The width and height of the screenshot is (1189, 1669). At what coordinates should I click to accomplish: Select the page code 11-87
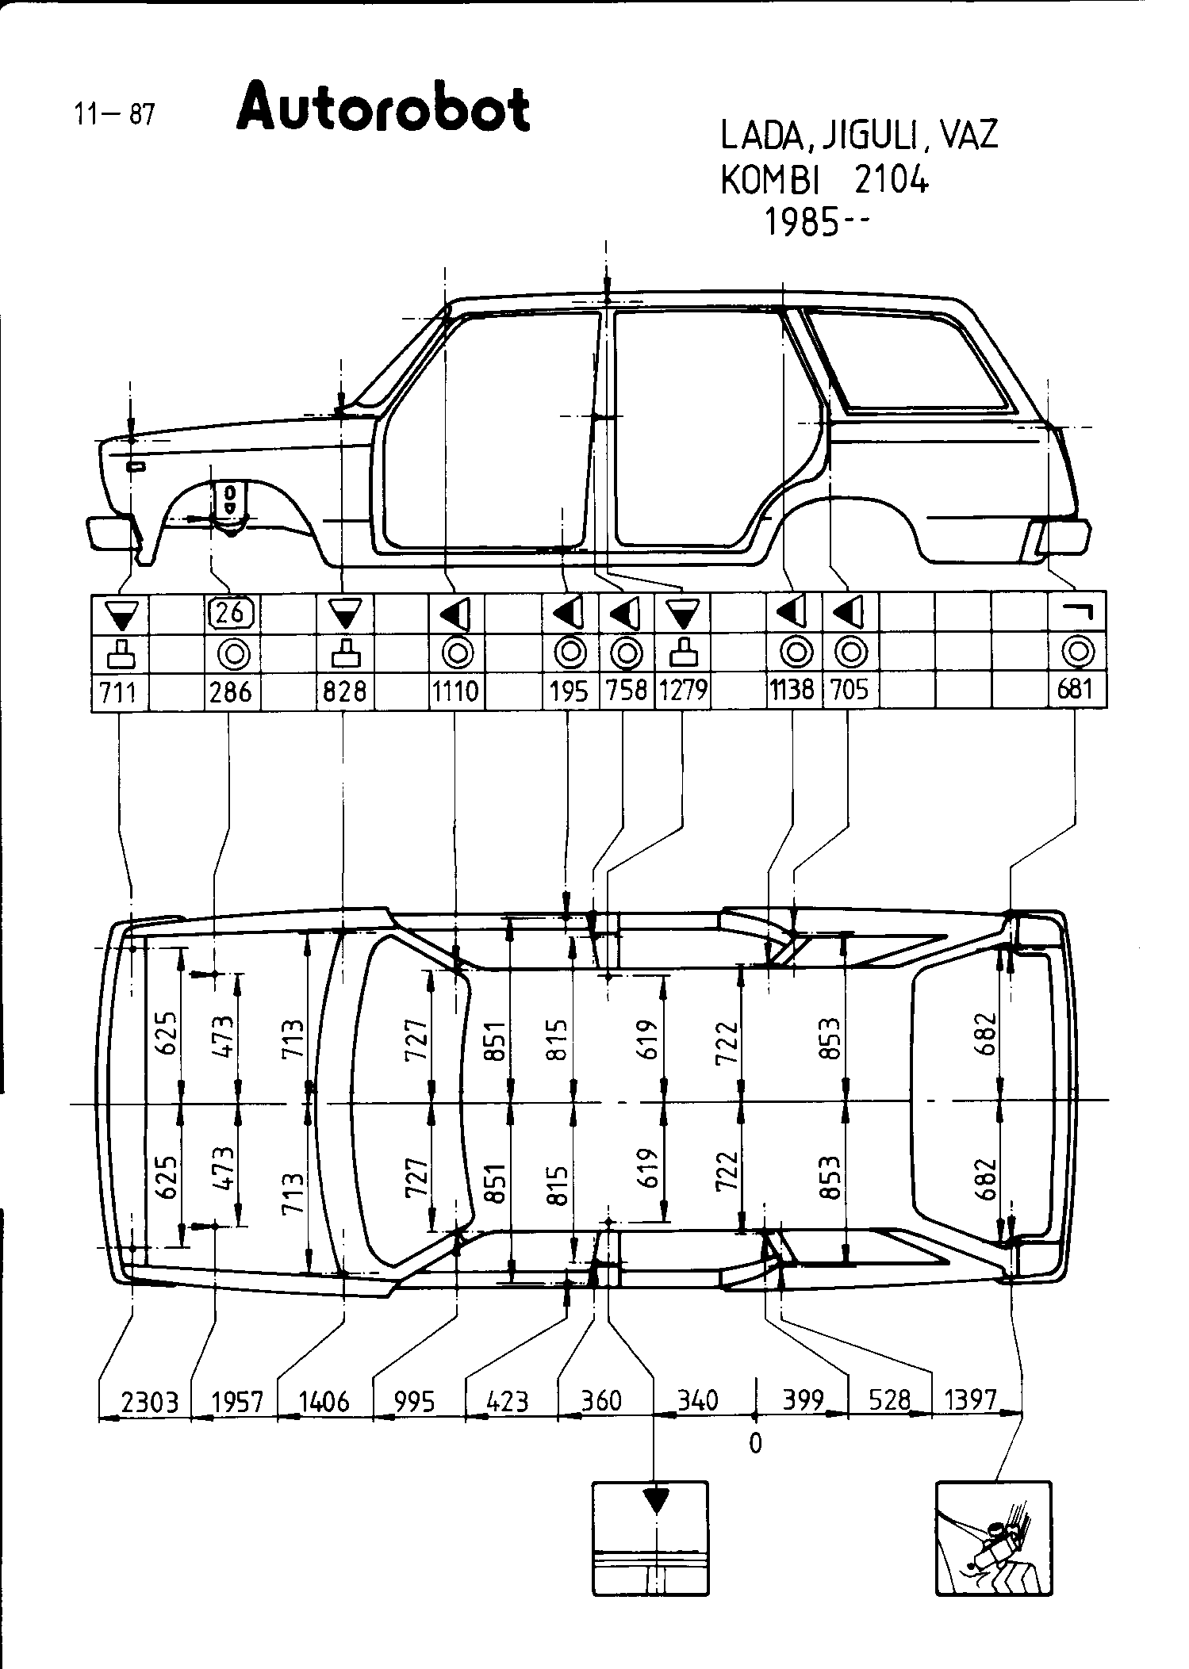tap(113, 115)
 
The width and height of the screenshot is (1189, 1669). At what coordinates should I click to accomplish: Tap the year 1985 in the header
tap(800, 224)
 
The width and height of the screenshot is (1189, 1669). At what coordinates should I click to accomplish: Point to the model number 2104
tap(890, 182)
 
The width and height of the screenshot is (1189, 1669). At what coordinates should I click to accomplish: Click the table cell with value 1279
tap(683, 691)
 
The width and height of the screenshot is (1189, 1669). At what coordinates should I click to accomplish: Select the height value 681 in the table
tap(1076, 689)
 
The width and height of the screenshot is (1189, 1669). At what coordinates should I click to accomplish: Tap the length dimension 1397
tap(969, 1399)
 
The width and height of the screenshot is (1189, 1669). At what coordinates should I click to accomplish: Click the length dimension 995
tap(414, 1401)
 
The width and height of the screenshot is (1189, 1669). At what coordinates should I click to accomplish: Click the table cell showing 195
tap(569, 691)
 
